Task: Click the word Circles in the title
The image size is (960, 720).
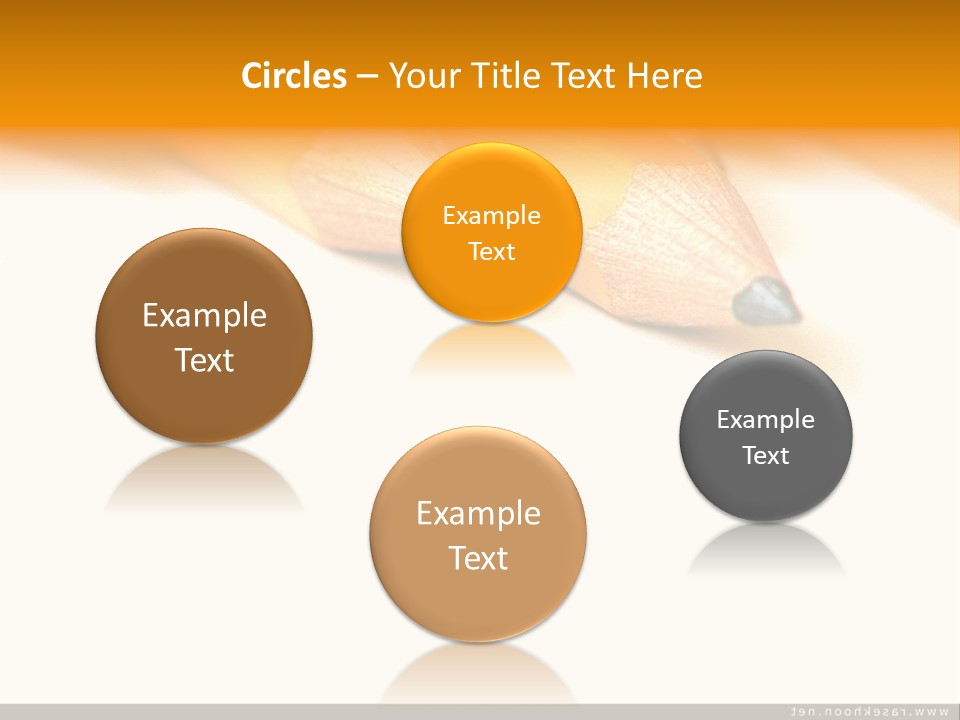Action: point(294,76)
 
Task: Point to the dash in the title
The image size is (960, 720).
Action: point(367,77)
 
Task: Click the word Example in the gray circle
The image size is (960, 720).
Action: point(766,419)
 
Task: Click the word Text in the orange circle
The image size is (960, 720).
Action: point(491,251)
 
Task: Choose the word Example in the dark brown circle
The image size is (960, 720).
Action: point(204,315)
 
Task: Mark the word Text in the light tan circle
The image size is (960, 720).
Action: point(478,557)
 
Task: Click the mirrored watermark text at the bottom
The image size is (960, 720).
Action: point(869,711)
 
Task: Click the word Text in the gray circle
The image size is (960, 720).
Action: point(766,455)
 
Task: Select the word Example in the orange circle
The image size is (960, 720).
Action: point(491,215)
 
